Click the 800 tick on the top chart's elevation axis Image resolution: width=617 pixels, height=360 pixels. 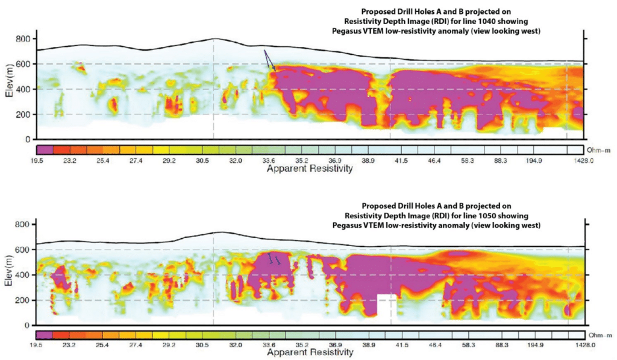(23, 39)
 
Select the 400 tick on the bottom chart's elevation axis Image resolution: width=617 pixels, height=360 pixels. (23, 275)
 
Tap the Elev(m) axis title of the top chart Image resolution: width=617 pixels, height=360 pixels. (8, 89)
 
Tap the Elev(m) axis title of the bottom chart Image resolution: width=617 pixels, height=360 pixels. (8, 275)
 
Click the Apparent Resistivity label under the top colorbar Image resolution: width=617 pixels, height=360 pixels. (309, 169)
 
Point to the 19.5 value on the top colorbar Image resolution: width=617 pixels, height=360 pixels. (44, 162)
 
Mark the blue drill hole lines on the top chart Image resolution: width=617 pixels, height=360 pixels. (269, 61)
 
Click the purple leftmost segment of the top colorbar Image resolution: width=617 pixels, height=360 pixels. (45, 149)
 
